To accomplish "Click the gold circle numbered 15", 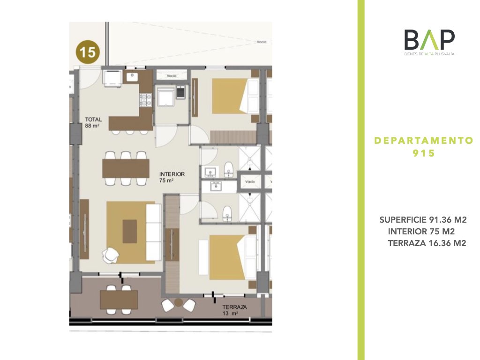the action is point(88,52).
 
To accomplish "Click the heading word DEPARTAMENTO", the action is point(424,141).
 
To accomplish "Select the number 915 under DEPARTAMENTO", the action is point(424,153).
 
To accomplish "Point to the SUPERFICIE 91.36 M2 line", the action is point(423,220).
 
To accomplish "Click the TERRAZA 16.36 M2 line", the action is point(427,243).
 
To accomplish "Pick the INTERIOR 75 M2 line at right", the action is point(421,232).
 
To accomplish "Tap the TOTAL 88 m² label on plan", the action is point(93,122).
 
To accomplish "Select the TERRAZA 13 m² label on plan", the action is point(234,310).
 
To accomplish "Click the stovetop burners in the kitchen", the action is point(145,100).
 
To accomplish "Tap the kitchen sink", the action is point(133,77).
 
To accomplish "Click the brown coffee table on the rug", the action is point(130,232).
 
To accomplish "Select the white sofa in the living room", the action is point(154,232).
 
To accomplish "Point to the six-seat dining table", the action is point(126,168).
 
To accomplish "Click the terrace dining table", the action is point(119,300).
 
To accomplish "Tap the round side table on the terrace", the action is point(179,303).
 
